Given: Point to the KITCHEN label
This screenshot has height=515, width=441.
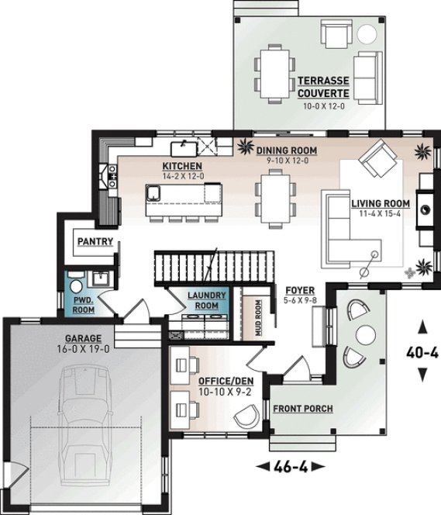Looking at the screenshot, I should tap(182, 167).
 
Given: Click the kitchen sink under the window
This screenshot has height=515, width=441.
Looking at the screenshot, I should tap(184, 147).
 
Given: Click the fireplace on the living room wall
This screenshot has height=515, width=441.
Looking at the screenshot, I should tap(425, 206).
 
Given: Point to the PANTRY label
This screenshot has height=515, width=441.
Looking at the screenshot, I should tap(95, 242).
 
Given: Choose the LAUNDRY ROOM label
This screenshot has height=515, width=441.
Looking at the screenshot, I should tap(207, 300).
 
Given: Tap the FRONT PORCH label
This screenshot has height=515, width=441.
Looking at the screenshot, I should tap(302, 408).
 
